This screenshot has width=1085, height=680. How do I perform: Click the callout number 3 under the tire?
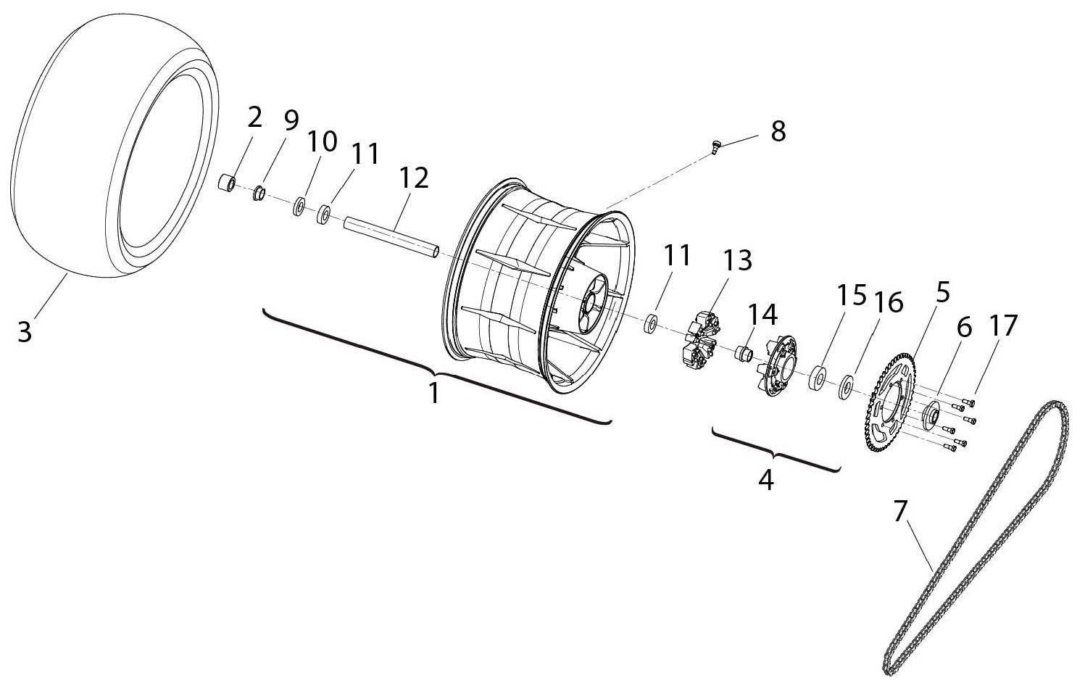[x=25, y=331]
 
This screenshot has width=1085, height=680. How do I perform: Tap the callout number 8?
[x=778, y=131]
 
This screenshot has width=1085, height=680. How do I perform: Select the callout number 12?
[x=414, y=178]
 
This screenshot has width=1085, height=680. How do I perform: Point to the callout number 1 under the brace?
[x=434, y=393]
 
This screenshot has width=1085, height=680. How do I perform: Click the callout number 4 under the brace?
[x=766, y=479]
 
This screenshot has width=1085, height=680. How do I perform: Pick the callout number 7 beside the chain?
[x=899, y=512]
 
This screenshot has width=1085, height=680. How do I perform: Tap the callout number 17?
[x=1003, y=325]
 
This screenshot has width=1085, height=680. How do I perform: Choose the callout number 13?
[x=738, y=260]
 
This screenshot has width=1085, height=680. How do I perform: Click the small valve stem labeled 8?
[x=716, y=146]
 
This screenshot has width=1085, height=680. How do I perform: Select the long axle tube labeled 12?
[x=391, y=239]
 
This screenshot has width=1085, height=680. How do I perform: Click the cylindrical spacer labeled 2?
[x=226, y=183]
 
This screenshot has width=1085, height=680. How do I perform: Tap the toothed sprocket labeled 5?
[x=890, y=403]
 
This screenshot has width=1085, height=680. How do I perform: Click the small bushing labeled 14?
[x=744, y=354]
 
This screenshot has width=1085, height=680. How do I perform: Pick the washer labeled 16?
[x=846, y=387]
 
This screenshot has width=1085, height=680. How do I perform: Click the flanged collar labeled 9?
[x=259, y=194]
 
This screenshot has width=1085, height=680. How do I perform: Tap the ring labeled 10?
[x=299, y=207]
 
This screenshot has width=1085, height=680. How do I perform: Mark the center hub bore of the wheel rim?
[x=590, y=304]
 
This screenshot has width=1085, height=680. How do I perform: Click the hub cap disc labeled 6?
[x=931, y=415]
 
